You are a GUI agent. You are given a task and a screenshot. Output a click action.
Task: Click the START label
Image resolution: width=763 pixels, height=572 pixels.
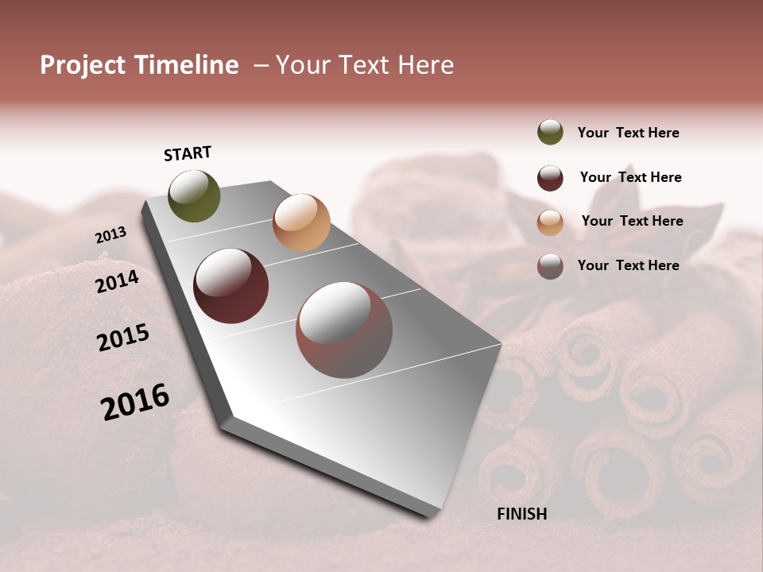pyautogui.click(x=188, y=153)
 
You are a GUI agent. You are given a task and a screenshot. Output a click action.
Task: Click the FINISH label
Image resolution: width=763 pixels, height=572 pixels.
pyautogui.click(x=522, y=514)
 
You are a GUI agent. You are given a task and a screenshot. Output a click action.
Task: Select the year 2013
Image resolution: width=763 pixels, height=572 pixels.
pyautogui.click(x=111, y=235)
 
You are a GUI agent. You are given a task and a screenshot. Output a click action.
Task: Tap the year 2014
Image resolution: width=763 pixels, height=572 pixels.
pyautogui.click(x=118, y=281)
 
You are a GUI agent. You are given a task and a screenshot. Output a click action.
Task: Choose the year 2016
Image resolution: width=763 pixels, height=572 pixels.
pyautogui.click(x=135, y=401)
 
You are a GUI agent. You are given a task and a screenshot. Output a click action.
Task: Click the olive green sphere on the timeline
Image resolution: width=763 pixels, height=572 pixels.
pyautogui.click(x=195, y=196)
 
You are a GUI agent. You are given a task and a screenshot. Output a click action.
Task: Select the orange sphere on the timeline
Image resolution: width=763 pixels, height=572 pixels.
pyautogui.click(x=301, y=222)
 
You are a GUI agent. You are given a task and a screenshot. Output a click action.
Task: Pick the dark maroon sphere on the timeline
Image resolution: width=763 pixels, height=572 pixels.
pyautogui.click(x=231, y=286)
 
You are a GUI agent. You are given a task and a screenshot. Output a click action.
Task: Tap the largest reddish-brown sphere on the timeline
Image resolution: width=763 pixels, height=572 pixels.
pyautogui.click(x=344, y=330)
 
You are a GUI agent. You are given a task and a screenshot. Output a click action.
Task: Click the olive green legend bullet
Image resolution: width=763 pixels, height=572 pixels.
pyautogui.click(x=550, y=132)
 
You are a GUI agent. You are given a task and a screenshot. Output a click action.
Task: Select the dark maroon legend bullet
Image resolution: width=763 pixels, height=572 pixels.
pyautogui.click(x=550, y=178)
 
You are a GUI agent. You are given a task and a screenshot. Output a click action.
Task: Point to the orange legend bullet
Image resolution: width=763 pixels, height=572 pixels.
pyautogui.click(x=550, y=222)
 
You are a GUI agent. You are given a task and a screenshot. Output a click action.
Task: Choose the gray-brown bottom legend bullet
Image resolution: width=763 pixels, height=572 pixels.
pyautogui.click(x=550, y=266)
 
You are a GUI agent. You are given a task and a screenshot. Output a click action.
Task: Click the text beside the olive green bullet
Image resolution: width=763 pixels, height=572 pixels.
pyautogui.click(x=628, y=133)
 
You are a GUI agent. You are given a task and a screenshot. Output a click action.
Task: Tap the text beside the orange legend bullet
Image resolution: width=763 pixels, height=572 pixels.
pyautogui.click(x=632, y=221)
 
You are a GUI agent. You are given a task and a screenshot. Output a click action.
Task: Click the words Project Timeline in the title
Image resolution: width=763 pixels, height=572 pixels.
pyautogui.click(x=139, y=65)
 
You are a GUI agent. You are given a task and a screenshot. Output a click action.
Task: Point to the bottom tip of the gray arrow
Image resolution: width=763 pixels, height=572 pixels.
pyautogui.click(x=433, y=515)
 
